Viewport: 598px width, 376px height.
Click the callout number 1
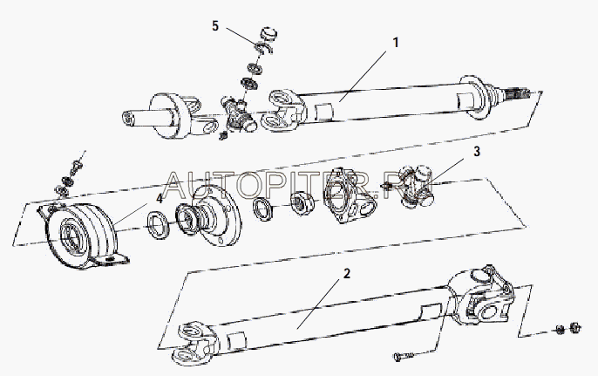396,43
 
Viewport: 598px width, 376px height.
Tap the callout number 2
346,274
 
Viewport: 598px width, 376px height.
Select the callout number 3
477,152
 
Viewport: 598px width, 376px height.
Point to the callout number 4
159,199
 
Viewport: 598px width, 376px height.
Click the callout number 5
215,26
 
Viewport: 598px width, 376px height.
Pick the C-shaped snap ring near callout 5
264,49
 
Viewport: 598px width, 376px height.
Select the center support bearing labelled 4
82,235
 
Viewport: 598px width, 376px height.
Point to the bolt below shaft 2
404,357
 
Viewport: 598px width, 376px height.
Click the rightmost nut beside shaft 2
574,327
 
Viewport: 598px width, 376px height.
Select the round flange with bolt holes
216,215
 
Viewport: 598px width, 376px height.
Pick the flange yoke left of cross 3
349,195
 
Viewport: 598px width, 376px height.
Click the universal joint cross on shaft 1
238,113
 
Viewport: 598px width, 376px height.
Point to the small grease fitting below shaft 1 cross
223,135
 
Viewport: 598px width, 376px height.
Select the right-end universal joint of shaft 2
482,296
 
